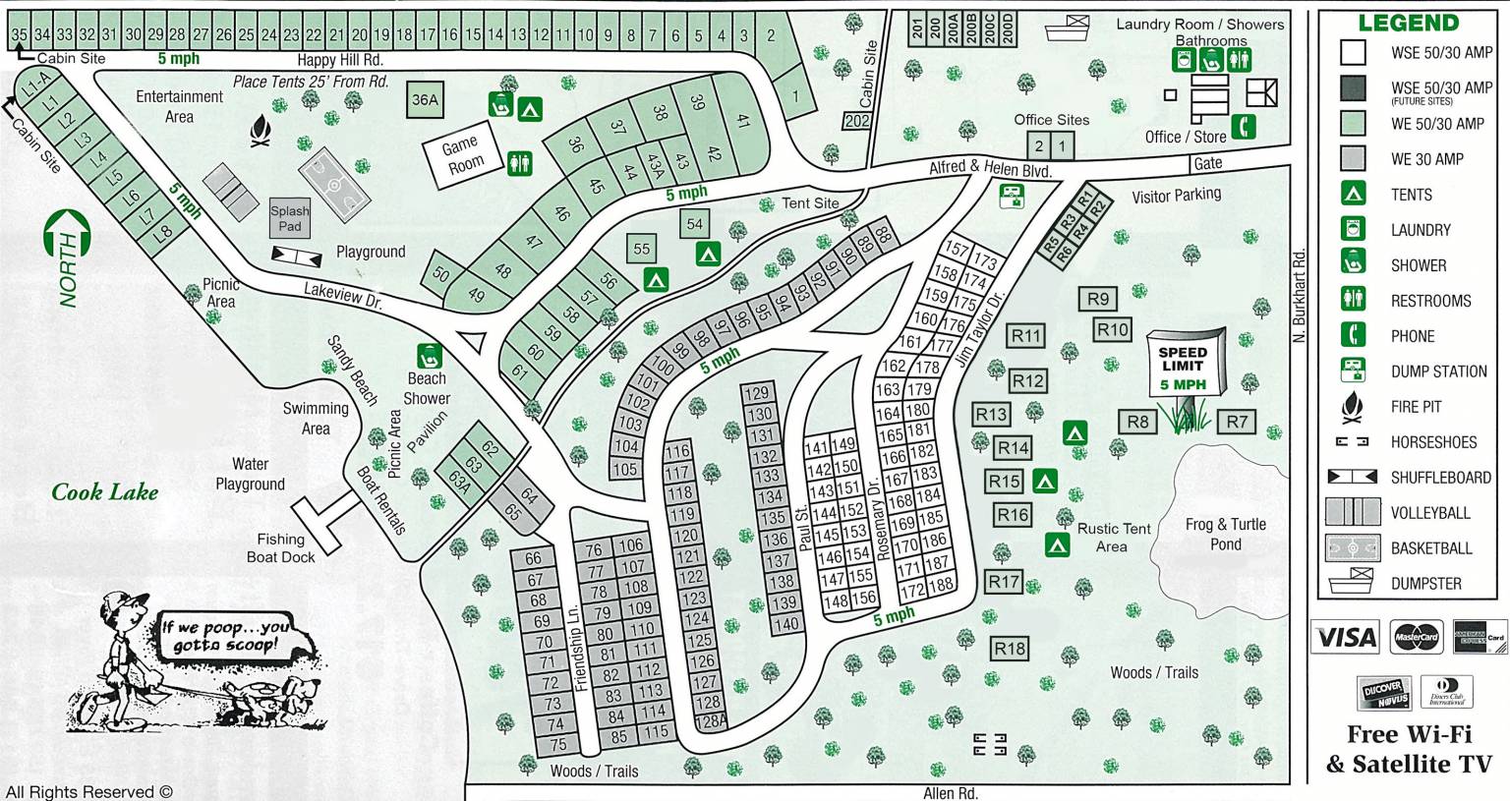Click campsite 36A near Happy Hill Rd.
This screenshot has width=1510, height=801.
425,99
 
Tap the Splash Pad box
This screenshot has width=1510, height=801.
290,219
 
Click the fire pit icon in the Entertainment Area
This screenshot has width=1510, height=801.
261,132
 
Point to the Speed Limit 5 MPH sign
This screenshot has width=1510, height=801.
1185,367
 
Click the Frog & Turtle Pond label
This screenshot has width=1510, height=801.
1225,534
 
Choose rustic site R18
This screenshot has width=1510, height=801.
1010,648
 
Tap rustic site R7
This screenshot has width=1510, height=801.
1237,422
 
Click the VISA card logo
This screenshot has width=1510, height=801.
1345,637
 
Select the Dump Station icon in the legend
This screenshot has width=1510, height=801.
1354,371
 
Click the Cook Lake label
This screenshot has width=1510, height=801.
104,492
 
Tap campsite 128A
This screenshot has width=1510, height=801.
710,721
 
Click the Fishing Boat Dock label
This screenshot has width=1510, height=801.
280,547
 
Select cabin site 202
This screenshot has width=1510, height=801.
857,121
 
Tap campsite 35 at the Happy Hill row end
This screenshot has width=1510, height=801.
19,34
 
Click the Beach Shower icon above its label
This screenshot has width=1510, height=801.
428,355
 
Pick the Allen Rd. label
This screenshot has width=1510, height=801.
950,792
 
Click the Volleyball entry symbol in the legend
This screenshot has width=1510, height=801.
1354,512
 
